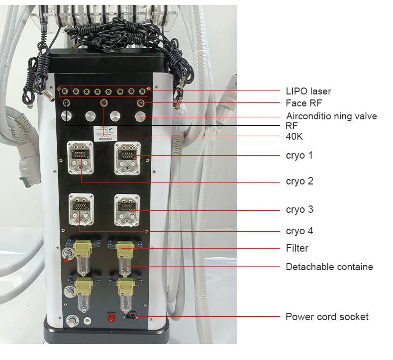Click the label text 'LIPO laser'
click(308, 91)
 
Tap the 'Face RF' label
click(303, 103)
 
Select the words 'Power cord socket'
click(327, 317)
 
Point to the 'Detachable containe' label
click(329, 267)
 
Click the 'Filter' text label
click(297, 248)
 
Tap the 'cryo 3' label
click(299, 209)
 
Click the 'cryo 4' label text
click(299, 231)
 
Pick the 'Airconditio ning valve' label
click(331, 116)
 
